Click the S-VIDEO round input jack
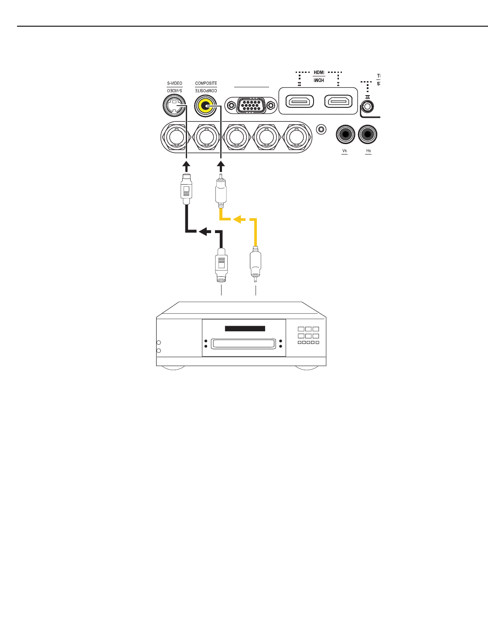[174, 106]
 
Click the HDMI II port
[300, 102]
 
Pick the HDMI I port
[338, 102]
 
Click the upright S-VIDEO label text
[174, 83]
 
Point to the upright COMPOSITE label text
[206, 83]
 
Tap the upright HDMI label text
[319, 72]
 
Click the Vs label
[345, 151]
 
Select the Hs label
[369, 151]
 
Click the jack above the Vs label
[345, 134]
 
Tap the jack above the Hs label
[368, 134]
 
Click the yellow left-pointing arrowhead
[237, 219]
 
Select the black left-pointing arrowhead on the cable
[203, 231]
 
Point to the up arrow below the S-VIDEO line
[186, 166]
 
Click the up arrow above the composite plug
[221, 166]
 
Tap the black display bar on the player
[245, 329]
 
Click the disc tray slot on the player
[243, 344]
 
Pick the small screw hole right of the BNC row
[321, 129]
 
